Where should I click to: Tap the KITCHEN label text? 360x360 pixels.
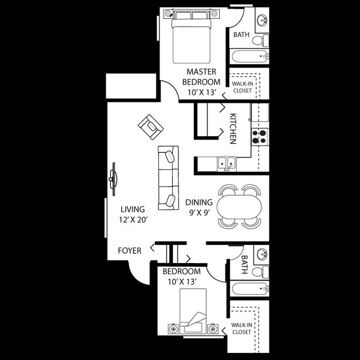pyautogui.click(x=233, y=128)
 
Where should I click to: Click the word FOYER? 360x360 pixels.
pyautogui.click(x=129, y=250)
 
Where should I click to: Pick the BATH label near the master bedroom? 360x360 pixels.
pyautogui.click(x=241, y=34)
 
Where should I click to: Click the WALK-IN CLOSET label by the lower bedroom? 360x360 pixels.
pyautogui.click(x=241, y=328)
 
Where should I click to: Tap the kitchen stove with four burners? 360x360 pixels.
pyautogui.click(x=259, y=136)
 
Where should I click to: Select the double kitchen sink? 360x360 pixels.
pyautogui.click(x=227, y=163)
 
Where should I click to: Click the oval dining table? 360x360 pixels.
pyautogui.click(x=238, y=207)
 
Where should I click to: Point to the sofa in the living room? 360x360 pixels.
pyautogui.click(x=168, y=178)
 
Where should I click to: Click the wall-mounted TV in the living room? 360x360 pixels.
pyautogui.click(x=113, y=178)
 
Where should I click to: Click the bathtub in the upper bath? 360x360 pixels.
pyautogui.click(x=249, y=56)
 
